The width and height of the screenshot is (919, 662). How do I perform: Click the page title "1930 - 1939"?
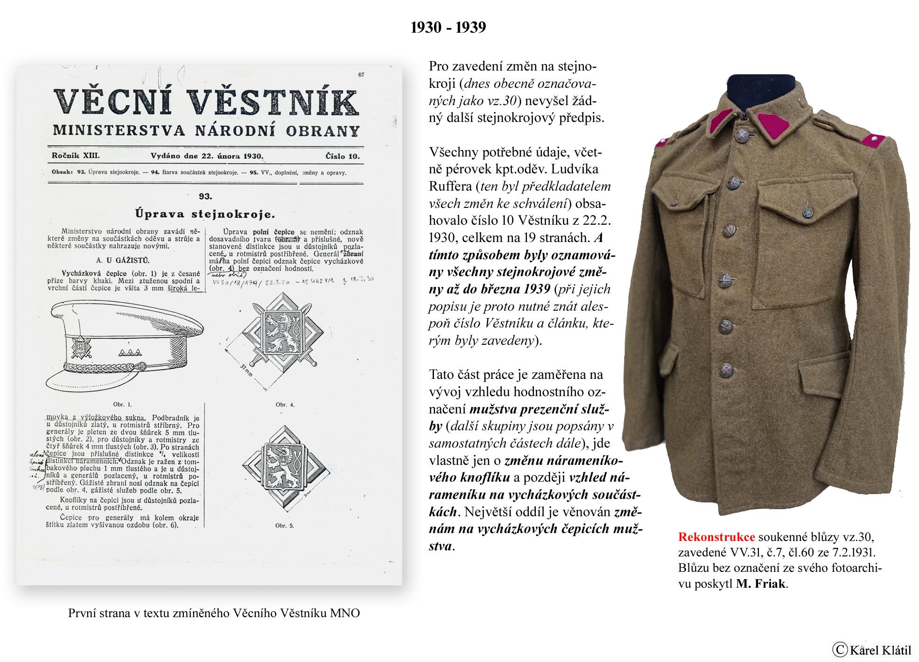click(x=448, y=28)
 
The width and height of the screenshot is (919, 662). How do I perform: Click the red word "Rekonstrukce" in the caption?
click(x=716, y=536)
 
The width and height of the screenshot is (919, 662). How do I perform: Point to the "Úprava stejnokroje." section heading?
click(x=205, y=214)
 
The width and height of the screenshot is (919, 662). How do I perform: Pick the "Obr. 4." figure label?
click(x=285, y=404)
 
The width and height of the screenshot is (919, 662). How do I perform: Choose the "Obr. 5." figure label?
click(x=285, y=525)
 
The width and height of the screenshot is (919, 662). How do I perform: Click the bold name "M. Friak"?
click(x=761, y=584)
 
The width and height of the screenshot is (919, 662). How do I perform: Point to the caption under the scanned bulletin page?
click(x=214, y=613)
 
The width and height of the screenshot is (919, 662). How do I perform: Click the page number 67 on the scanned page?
click(x=361, y=75)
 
